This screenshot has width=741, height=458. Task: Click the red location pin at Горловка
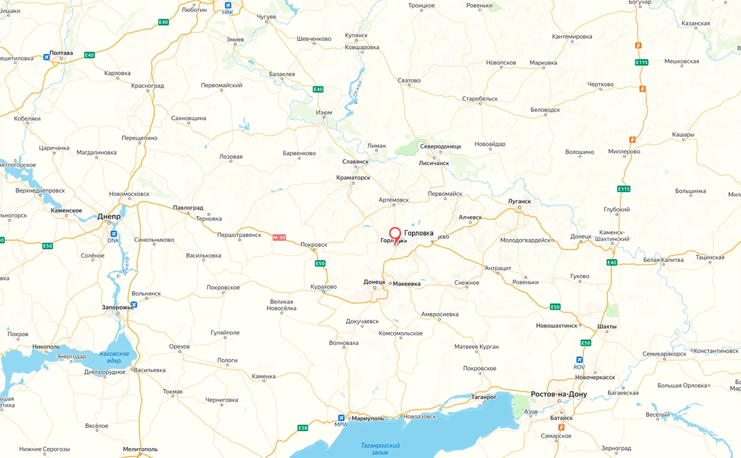coord(395,234)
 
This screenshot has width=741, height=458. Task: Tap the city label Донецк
coord(374,282)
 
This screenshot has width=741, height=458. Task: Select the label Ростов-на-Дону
coord(559,394)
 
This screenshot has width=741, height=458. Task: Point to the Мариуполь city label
coord(367,418)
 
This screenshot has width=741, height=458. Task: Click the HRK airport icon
coord(228,6)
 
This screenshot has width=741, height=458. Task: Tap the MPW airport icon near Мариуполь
coord(341,418)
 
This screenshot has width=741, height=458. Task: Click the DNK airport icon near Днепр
coord(113,234)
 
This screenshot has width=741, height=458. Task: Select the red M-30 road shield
coord(279,237)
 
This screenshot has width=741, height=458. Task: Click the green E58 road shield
coord(303,428)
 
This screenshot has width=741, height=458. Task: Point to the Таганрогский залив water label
coord(380,449)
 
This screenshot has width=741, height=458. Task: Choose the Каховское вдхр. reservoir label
coord(114,357)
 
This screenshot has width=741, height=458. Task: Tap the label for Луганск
coord(519,201)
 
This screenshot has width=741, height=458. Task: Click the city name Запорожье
coord(117,307)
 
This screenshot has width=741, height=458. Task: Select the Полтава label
coord(62,53)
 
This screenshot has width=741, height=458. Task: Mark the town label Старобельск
coord(479,99)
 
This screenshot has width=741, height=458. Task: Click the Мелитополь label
coord(140,449)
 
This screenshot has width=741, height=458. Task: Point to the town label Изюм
coord(324,113)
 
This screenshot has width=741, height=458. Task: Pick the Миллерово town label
coord(624,151)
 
